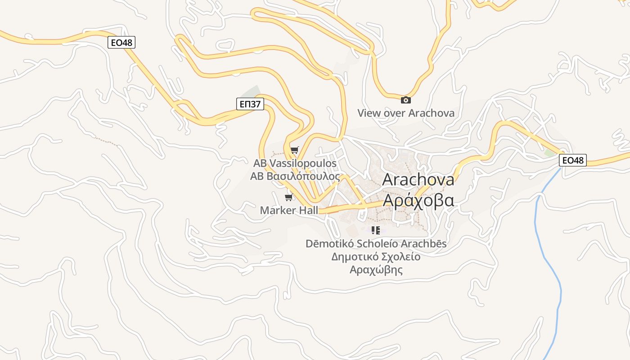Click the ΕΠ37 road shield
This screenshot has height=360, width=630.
250,104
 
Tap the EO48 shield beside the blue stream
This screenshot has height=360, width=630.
573,160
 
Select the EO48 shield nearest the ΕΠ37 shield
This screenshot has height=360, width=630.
121,42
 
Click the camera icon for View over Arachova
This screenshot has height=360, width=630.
405,100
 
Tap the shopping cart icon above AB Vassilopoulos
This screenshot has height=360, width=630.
294,150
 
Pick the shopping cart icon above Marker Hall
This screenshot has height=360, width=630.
289,197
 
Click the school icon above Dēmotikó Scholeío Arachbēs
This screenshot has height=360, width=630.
376,230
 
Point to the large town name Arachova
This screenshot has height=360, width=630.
418,180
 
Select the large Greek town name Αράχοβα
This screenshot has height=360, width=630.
418,200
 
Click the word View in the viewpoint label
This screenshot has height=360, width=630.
369,113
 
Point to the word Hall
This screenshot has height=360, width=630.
308,210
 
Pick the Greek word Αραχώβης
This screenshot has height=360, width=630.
376,270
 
